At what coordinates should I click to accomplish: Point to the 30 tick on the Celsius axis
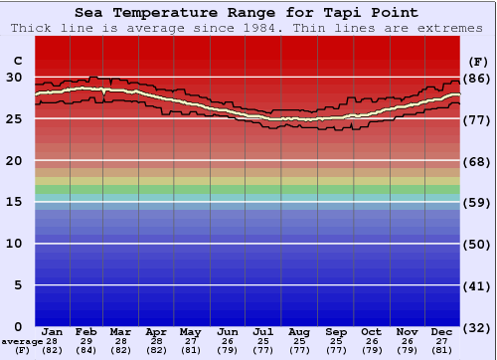tap(14, 77)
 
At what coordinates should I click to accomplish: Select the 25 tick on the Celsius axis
tap(14, 118)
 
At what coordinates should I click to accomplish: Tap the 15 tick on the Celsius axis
tap(14, 202)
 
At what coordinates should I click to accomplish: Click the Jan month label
tap(53, 331)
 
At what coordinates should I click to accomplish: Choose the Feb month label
tap(87, 331)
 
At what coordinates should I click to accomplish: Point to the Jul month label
tap(262, 331)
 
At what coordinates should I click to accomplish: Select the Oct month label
tap(371, 331)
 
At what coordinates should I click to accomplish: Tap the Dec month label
tap(441, 331)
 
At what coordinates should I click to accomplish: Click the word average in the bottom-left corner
tap(22, 341)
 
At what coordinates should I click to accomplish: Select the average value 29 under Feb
tap(87, 341)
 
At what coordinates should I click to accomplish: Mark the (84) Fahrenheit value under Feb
tap(87, 350)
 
